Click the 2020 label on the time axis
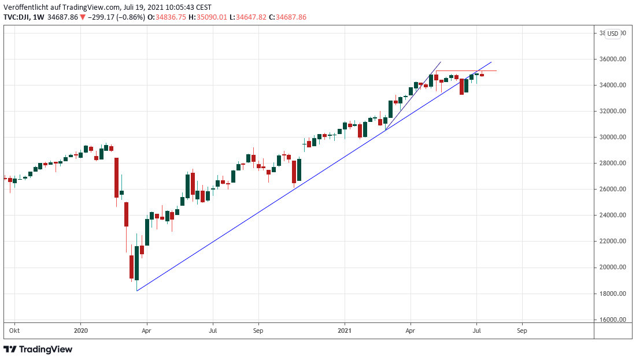point(80,331)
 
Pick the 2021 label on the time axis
point(345,331)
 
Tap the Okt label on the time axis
point(14,331)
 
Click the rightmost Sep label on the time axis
point(522,331)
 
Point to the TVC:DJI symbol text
point(17,17)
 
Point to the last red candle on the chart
point(482,75)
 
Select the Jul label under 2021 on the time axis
point(476,331)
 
